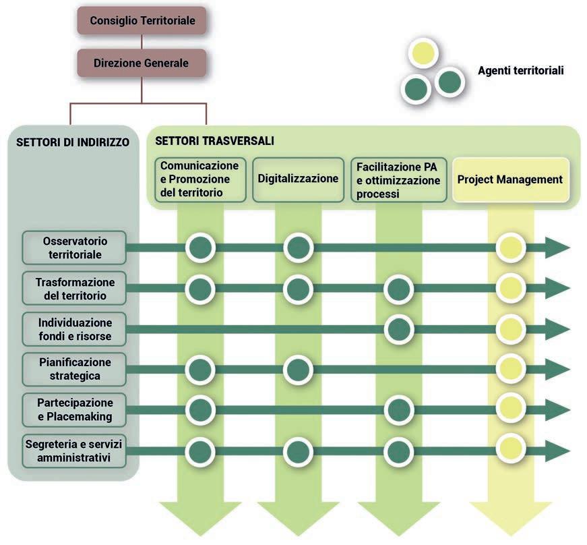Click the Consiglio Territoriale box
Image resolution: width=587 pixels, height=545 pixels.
coord(141,21)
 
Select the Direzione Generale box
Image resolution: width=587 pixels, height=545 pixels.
coord(141,63)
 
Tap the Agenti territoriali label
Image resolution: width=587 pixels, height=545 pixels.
coord(520,70)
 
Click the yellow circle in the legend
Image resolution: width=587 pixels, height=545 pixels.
coord(425,55)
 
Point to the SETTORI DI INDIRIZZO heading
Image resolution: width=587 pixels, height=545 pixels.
coord(72,143)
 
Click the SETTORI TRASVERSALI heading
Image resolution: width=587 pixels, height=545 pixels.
coord(214,142)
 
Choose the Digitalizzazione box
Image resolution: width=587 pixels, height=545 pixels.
coord(298,179)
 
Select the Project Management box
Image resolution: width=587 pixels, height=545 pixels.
coord(510,179)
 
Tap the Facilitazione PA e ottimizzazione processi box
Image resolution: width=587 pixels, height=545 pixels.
coord(399,180)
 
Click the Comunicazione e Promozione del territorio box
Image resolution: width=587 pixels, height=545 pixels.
coord(200,179)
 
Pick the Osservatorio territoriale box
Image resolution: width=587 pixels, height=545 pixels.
coord(74,248)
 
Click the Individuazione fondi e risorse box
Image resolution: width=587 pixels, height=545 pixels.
coord(74,329)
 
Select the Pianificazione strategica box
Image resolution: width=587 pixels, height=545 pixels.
coord(74,369)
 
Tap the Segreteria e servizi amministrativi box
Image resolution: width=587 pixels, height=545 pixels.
coord(74,450)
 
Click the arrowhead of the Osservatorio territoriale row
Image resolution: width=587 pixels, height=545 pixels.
coord(558,248)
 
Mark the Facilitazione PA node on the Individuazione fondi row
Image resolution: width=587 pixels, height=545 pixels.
coord(398,329)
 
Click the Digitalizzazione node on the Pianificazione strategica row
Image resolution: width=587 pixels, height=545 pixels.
coord(299,369)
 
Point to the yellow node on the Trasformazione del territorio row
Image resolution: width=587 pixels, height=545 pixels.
coord(510,289)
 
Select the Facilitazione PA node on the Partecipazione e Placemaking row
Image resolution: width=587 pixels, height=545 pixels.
coord(398,409)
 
